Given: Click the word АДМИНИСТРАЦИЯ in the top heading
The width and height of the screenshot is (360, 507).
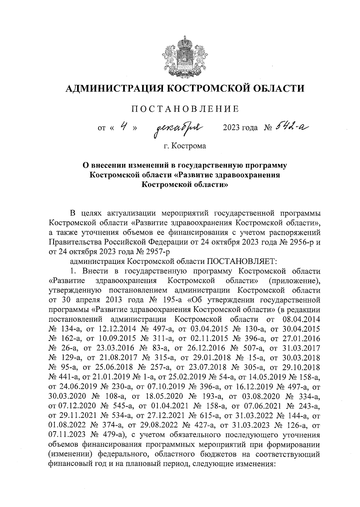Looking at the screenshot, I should [113, 88].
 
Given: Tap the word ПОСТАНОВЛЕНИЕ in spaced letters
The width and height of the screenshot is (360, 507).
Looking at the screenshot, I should [186, 109].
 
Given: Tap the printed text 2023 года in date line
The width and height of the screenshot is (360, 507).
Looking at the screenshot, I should [240, 128].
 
